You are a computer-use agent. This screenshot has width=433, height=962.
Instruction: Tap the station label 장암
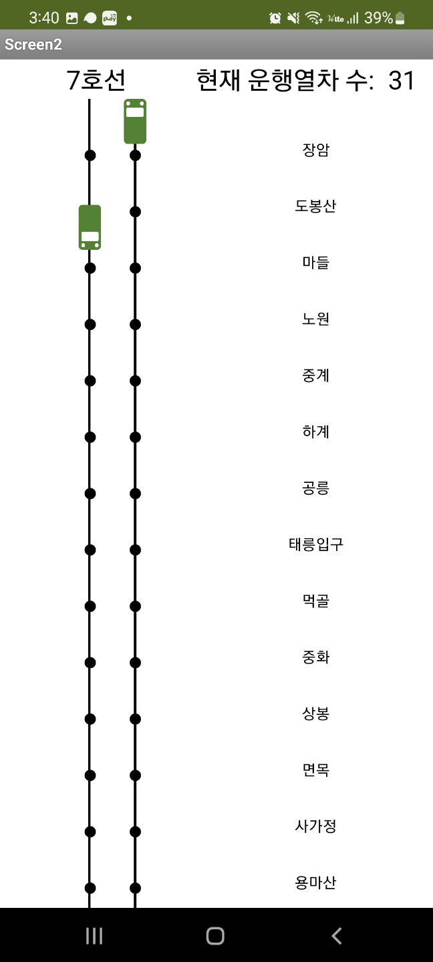pyautogui.click(x=315, y=150)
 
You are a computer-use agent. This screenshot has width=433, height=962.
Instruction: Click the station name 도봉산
pyautogui.click(x=315, y=206)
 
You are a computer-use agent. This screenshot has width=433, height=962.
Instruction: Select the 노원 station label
pyautogui.click(x=315, y=319)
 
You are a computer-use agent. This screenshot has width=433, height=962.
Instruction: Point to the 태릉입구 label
pyautogui.click(x=315, y=544)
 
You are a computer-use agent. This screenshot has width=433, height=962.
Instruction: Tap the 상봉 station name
pyautogui.click(x=315, y=713)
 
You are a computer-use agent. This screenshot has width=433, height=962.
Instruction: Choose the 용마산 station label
pyautogui.click(x=315, y=883)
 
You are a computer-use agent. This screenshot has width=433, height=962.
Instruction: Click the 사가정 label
pyautogui.click(x=315, y=826)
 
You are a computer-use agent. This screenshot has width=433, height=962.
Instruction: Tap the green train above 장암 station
pyautogui.click(x=135, y=121)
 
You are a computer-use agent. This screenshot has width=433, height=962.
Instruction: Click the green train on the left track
pyautogui.click(x=90, y=227)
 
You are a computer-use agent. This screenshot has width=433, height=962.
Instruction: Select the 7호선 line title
pyautogui.click(x=96, y=81)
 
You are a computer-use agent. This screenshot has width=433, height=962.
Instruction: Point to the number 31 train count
pyautogui.click(x=402, y=81)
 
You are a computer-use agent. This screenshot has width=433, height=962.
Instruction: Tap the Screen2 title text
pyautogui.click(x=33, y=45)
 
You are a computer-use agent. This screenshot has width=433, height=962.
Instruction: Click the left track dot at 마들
pyautogui.click(x=90, y=268)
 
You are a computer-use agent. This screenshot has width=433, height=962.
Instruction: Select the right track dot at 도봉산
pyautogui.click(x=135, y=212)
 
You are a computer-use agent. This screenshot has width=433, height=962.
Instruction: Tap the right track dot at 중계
pyautogui.click(x=135, y=381)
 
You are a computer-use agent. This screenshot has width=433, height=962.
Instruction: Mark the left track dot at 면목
pyautogui.click(x=90, y=776)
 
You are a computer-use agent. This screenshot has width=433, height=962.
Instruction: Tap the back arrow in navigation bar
pyautogui.click(x=337, y=936)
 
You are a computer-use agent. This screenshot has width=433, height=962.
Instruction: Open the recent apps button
pyautogui.click(x=94, y=936)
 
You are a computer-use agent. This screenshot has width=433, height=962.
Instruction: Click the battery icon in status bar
pyautogui.click(x=400, y=18)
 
